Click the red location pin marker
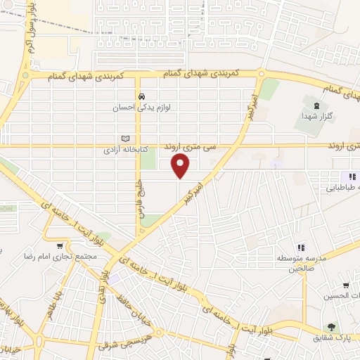click(181, 167)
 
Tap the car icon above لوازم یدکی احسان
click(142, 97)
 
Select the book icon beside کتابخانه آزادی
click(126, 139)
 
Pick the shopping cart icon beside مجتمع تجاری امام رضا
click(60, 245)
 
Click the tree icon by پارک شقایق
click(329, 327)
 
